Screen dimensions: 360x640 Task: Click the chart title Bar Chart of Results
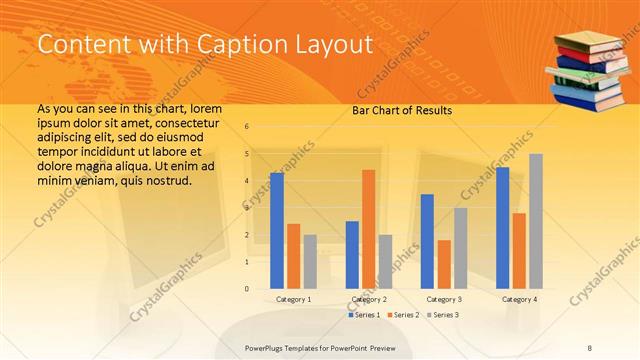pyautogui.click(x=401, y=110)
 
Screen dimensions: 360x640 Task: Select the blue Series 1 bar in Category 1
pyautogui.click(x=277, y=231)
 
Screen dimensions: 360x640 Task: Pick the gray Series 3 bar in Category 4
pyautogui.click(x=536, y=221)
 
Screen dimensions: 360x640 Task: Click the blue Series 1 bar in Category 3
pyautogui.click(x=427, y=241)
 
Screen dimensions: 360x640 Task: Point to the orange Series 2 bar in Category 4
pyautogui.click(x=519, y=251)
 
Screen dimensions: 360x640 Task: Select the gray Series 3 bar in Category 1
pyautogui.click(x=310, y=262)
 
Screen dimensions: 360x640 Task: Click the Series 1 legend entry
pyautogui.click(x=365, y=315)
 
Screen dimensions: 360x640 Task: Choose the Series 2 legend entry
pyautogui.click(x=403, y=315)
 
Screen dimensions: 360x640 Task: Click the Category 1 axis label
pyautogui.click(x=293, y=299)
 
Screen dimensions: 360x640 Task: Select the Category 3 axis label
pyautogui.click(x=444, y=299)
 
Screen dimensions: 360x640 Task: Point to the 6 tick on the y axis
pyautogui.click(x=247, y=126)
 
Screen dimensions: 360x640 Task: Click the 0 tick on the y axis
pyautogui.click(x=247, y=289)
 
